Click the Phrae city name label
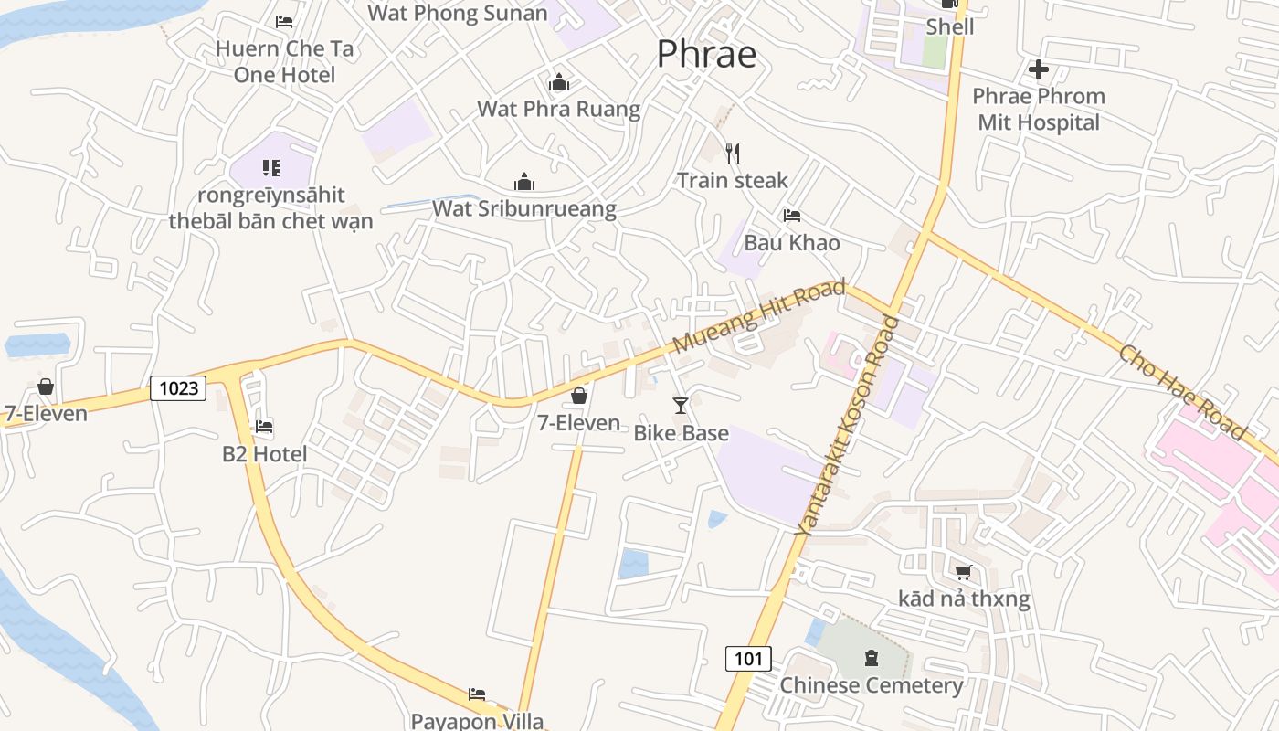(x=706, y=54)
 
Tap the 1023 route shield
(x=178, y=388)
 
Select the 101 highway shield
(x=748, y=658)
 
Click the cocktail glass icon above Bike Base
(x=681, y=405)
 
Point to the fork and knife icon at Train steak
(x=732, y=153)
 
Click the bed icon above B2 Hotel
(x=264, y=426)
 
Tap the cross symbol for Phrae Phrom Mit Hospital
(x=1038, y=69)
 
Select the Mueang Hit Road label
(x=759, y=316)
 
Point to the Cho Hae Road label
(x=1182, y=391)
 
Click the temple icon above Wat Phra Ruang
(x=559, y=83)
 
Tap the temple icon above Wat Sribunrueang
(x=523, y=182)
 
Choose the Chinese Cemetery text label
(x=871, y=685)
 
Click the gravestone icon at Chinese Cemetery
(x=871, y=657)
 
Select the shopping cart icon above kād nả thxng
(x=963, y=572)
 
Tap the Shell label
(x=950, y=26)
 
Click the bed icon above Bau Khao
(x=792, y=216)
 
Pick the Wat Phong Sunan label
(x=458, y=13)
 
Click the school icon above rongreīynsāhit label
(x=270, y=167)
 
